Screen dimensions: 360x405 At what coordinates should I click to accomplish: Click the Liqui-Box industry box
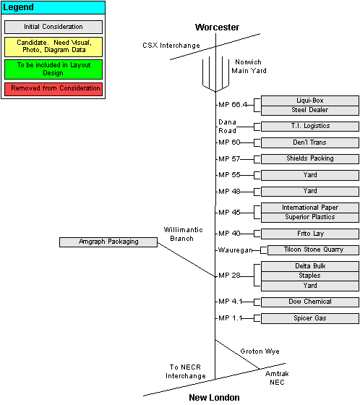click(310, 101)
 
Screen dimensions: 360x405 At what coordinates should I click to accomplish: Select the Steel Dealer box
click(310, 110)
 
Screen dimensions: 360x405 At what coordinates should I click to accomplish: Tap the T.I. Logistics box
click(310, 127)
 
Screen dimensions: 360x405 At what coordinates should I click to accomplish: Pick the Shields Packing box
click(310, 158)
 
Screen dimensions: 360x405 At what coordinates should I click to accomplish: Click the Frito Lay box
click(310, 234)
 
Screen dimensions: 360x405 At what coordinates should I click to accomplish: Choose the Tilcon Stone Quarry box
click(313, 250)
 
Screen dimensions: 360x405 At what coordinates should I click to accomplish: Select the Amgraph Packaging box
click(108, 242)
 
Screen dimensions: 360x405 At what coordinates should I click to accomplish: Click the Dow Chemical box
click(310, 302)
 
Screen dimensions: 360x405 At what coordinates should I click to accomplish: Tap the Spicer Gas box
click(310, 318)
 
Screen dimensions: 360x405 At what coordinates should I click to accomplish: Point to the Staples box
click(310, 276)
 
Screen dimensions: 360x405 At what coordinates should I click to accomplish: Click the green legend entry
click(53, 69)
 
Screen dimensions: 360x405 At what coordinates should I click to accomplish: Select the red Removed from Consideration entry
click(53, 89)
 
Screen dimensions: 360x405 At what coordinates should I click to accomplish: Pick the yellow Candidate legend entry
click(53, 47)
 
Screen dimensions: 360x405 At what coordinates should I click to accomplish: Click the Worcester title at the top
click(217, 27)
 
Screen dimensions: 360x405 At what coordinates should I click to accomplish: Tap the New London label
click(214, 398)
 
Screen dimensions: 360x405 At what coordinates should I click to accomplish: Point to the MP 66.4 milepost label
click(233, 105)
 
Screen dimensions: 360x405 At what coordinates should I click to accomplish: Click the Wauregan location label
click(235, 250)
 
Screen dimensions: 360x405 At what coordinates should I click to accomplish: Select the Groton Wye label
click(260, 351)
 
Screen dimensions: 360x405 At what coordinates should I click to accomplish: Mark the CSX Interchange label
click(171, 46)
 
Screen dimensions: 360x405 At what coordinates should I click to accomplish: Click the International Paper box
click(310, 208)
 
